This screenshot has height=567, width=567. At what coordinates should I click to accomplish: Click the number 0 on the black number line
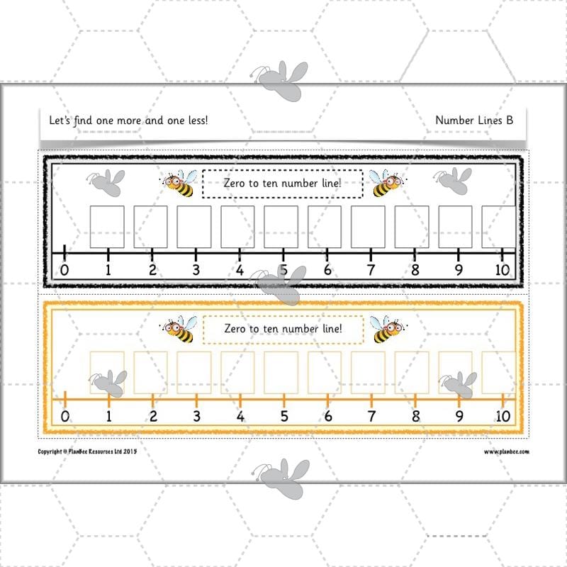pos(64,270)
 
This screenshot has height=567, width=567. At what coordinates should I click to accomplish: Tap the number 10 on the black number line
pos(503,270)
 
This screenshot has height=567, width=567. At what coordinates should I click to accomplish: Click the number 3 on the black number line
pos(196,270)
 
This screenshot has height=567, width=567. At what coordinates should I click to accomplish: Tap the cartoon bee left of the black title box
pos(179,184)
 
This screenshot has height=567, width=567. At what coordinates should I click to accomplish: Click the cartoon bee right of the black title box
pos(386,184)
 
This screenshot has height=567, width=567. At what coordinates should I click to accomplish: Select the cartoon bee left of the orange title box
pos(179,330)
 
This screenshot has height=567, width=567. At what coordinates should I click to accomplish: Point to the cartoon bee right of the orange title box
pos(386,330)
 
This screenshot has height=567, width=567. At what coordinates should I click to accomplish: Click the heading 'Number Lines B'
pos(474,120)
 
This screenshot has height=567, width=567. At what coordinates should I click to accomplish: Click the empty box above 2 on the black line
pos(150,227)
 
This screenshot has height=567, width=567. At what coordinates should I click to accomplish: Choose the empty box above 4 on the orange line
pos(237,373)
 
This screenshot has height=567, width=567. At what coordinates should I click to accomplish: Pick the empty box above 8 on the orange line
pos(412,373)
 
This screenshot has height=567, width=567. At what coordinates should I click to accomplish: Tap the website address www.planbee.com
pos(507,451)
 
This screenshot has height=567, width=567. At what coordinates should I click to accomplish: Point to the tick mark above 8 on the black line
pos(415,253)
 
